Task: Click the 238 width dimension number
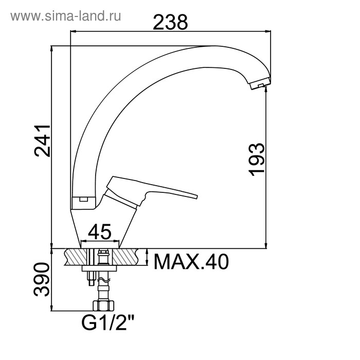(170, 22)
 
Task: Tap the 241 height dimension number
(42, 141)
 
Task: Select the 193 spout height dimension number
(257, 159)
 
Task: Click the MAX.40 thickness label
(191, 262)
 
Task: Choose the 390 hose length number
(42, 279)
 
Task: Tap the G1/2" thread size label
(107, 323)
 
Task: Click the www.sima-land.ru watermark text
(66, 16)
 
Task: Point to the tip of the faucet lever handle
(197, 196)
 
